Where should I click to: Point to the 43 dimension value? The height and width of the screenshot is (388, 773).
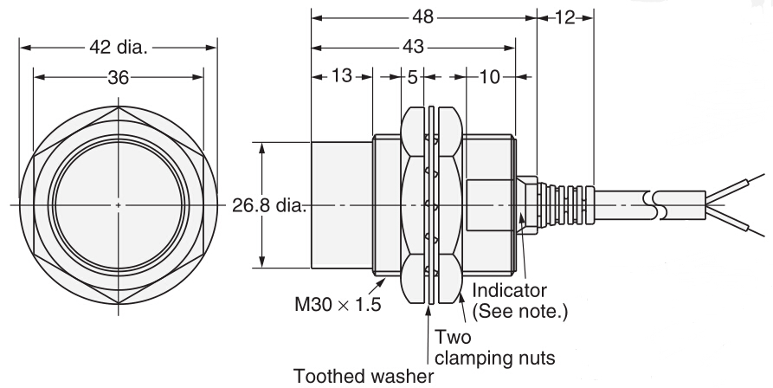pyautogui.click(x=414, y=48)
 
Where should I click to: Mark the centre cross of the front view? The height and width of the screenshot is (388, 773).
pyautogui.click(x=118, y=206)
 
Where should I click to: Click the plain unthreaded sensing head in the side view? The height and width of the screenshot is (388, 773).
pyautogui.click(x=342, y=206)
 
